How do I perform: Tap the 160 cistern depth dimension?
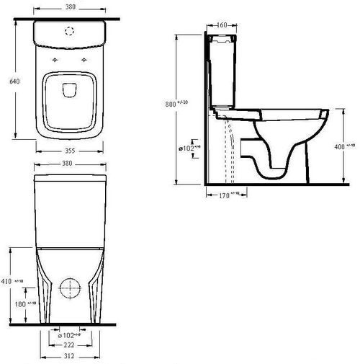point(222,25)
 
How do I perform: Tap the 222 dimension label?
point(70,347)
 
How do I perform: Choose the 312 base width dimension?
point(70,358)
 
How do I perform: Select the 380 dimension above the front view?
point(71,164)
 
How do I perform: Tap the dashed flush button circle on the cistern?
point(71,31)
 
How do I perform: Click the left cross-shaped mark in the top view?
point(55,58)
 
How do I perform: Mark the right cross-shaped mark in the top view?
point(86,58)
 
